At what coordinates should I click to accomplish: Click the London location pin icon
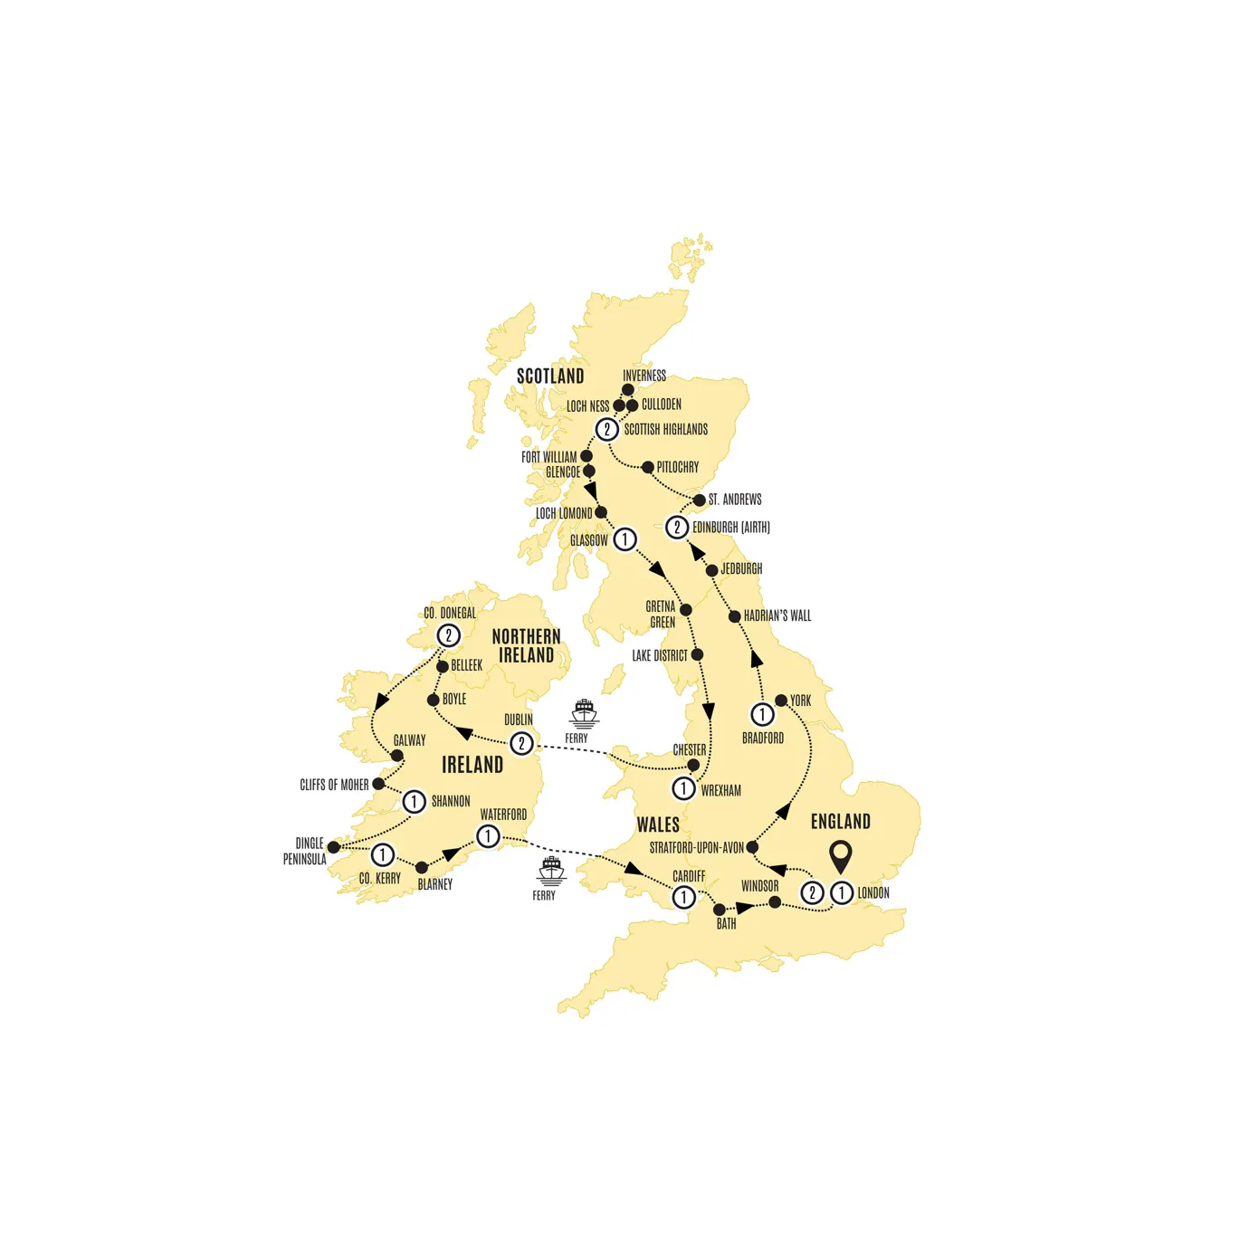tap(841, 855)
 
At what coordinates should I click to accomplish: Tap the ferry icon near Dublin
tap(584, 713)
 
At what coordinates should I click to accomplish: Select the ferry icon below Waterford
tap(551, 871)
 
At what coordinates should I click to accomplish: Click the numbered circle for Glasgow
tap(624, 539)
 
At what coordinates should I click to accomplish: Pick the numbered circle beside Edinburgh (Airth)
tap(677, 527)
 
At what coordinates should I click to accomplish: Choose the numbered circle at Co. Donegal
tap(448, 635)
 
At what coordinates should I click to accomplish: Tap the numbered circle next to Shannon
tap(414, 801)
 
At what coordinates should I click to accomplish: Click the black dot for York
tap(781, 701)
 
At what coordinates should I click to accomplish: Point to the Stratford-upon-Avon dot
tap(752, 848)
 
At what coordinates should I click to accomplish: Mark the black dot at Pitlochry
tap(648, 468)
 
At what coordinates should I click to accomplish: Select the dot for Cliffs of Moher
tap(378, 784)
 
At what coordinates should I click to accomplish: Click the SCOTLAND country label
tap(550, 377)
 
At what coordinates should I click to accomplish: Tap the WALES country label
tap(658, 825)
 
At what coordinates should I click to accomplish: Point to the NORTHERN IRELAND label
tap(526, 645)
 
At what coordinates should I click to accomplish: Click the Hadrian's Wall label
tap(777, 616)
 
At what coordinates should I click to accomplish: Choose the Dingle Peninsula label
tap(305, 851)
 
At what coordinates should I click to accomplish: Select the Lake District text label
tap(660, 655)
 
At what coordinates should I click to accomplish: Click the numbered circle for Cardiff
tap(683, 897)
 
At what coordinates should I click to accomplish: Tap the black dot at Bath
tap(720, 910)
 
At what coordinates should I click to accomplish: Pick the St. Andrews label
tap(735, 500)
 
